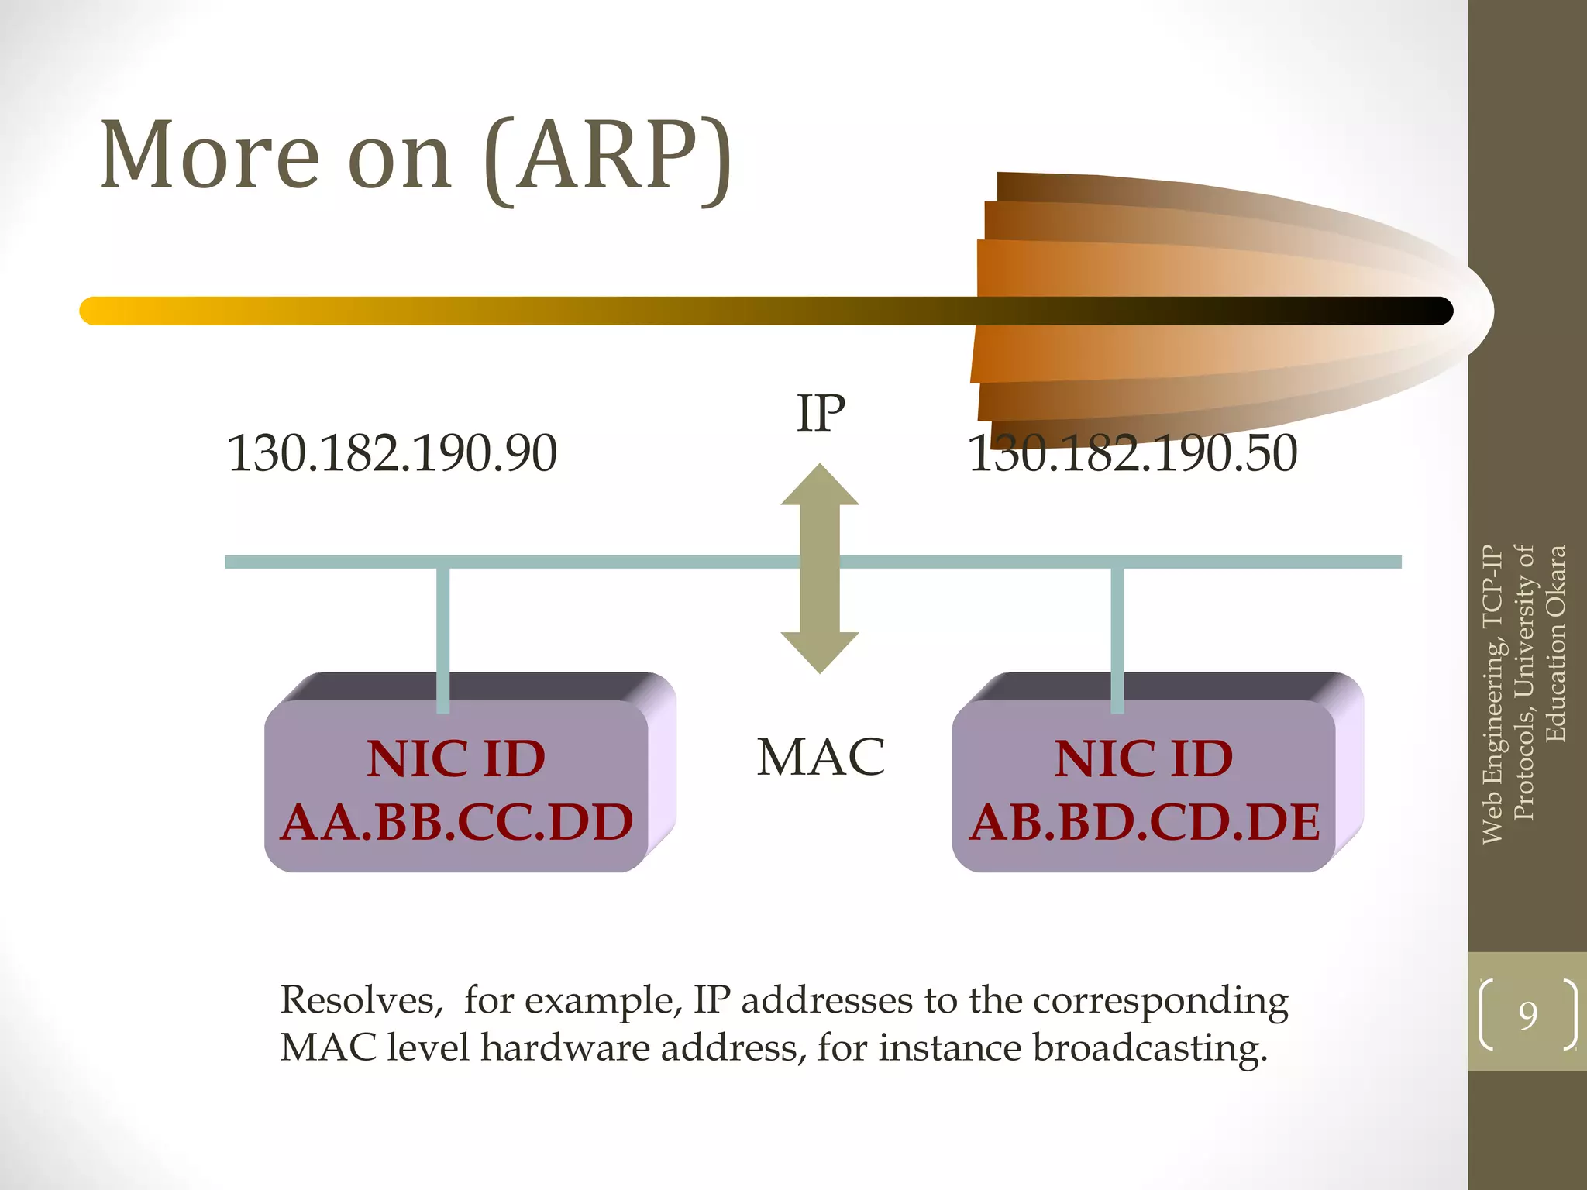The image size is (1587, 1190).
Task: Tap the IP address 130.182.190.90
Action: coord(391,453)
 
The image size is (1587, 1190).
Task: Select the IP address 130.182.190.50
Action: coord(1132,453)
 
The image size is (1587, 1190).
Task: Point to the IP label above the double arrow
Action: coord(821,414)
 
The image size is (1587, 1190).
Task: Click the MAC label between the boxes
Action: coord(821,757)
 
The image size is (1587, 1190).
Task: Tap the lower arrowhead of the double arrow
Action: coord(820,651)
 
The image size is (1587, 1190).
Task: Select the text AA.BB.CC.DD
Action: coord(456,822)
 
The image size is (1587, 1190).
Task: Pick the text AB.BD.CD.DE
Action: coord(1145,822)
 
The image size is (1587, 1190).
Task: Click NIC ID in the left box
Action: coord(456,758)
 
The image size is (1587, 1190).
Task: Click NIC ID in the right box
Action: coord(1144,758)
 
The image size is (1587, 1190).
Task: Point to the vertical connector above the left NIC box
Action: coord(443,635)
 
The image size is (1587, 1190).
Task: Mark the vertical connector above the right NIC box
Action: coord(1117,635)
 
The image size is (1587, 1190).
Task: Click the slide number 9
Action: coord(1528,1015)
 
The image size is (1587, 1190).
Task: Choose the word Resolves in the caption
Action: coord(361,1000)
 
